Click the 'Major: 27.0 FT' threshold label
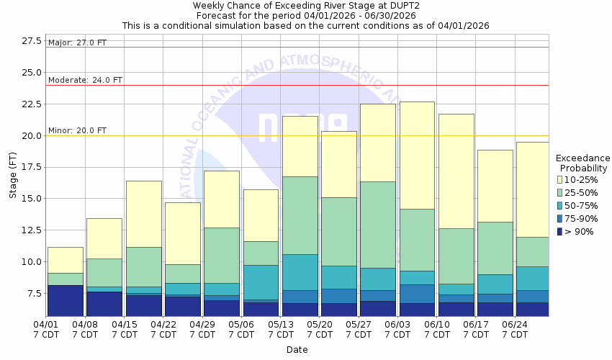click(77, 43)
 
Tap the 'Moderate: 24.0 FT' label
click(85, 80)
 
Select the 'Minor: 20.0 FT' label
click(77, 130)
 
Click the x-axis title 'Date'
click(297, 350)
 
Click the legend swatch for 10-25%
click(560, 179)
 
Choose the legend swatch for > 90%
click(560, 231)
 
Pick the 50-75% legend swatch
click(560, 205)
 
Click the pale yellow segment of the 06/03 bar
click(417, 155)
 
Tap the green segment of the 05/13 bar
click(300, 215)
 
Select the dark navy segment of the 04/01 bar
click(66, 300)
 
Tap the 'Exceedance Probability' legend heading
click(583, 163)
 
